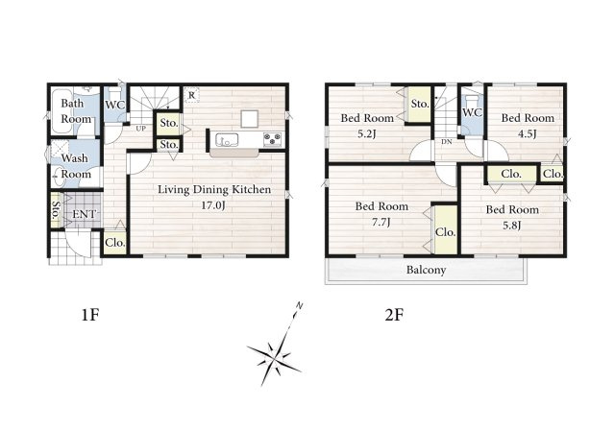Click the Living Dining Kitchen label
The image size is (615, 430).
pos(214,189)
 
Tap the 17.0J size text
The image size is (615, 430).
pos(213,205)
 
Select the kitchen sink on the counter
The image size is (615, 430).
pos(227,140)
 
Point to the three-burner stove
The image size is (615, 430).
pos(272,139)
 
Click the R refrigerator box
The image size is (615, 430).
pos(191,95)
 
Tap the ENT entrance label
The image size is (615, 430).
pos(84,215)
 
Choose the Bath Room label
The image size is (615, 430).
pos(75,111)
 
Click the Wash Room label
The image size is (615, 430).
pos(75,166)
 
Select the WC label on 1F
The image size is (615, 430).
pos(114,105)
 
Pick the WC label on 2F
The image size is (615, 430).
pos(472,112)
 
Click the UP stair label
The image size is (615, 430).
pos(141,129)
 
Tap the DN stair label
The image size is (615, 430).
pos(446,142)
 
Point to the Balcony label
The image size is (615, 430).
pos(426,271)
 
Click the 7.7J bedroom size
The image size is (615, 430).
pos(381,223)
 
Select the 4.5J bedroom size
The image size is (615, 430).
pos(527,134)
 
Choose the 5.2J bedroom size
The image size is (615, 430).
pos(366,134)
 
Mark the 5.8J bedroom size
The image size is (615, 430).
pos(511,226)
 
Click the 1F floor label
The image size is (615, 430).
pos(89,315)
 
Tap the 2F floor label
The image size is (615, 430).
pos(394,315)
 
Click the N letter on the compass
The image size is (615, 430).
pos(299,305)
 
